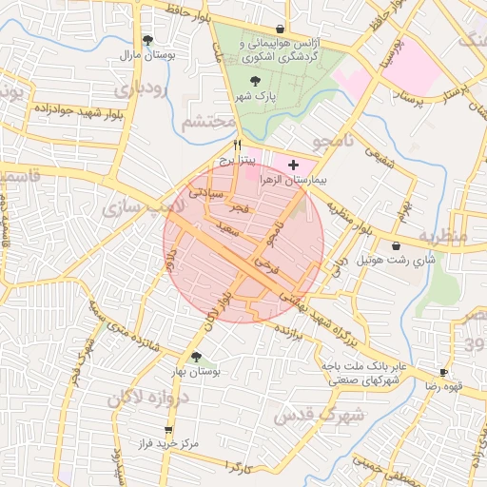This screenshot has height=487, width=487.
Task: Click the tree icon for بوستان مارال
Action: click(147, 40)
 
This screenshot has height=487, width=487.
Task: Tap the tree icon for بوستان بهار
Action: click(196, 358)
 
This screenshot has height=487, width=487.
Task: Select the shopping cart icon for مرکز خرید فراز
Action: click(168, 431)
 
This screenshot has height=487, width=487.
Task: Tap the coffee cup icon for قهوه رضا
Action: click(443, 373)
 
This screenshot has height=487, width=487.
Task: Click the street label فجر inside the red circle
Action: click(240, 207)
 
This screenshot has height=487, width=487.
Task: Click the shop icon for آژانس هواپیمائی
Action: click(278, 29)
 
